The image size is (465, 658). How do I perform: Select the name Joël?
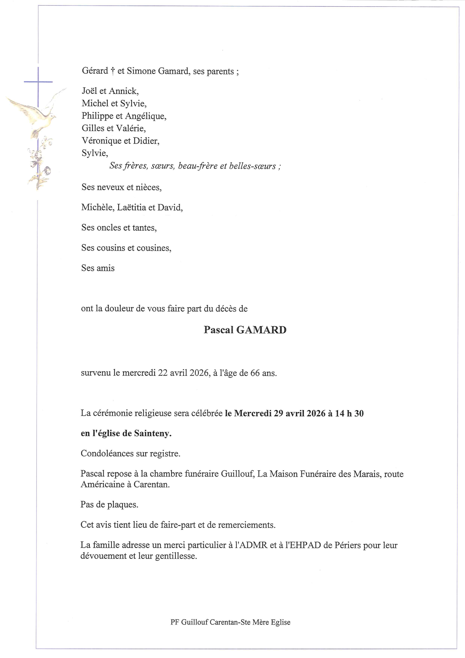[x=89, y=91]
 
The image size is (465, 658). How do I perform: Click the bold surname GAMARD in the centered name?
[x=261, y=330]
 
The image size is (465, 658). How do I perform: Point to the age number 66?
[x=255, y=373]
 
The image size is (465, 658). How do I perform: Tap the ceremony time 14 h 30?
[x=349, y=414]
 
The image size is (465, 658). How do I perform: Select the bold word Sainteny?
[x=153, y=433]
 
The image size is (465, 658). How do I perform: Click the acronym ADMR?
[x=251, y=545]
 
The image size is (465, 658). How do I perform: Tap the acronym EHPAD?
[x=303, y=545]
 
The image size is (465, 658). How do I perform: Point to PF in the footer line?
[x=174, y=622]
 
